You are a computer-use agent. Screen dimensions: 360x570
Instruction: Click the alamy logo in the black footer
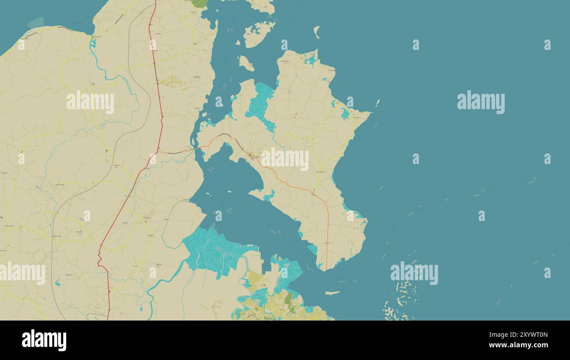coord(44,340)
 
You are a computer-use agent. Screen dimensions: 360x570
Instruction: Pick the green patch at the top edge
coord(199,3)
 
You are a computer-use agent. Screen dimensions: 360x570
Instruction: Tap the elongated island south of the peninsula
coord(332,293)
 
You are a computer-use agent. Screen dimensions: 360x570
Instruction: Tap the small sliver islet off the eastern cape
coord(378,103)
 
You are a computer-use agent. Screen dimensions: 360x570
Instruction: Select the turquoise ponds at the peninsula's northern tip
coord(311,59)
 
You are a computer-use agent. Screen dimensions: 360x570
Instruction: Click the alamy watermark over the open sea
coord(481,102)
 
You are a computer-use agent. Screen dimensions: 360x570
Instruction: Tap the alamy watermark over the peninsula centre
coord(285,159)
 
